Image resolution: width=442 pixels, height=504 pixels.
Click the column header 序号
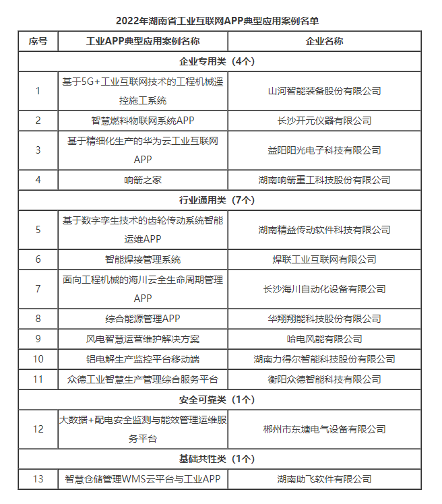click(x=38, y=41)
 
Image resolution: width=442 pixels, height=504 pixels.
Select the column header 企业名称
click(x=324, y=41)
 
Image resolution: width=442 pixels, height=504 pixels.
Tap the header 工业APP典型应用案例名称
click(x=143, y=41)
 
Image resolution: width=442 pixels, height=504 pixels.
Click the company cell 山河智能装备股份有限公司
click(x=324, y=91)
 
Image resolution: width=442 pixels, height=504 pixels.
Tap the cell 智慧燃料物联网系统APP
click(x=143, y=121)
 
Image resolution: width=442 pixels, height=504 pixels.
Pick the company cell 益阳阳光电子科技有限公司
click(x=324, y=150)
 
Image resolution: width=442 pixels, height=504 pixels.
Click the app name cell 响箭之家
click(x=143, y=180)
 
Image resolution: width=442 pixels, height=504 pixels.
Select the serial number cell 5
click(x=38, y=230)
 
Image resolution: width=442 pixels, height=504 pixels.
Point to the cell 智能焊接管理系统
click(x=143, y=259)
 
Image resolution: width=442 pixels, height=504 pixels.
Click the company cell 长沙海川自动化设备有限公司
click(x=324, y=289)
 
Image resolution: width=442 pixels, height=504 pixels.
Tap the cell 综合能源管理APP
click(x=143, y=319)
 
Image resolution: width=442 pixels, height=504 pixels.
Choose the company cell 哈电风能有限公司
click(x=324, y=339)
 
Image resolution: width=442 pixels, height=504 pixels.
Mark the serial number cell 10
click(x=38, y=359)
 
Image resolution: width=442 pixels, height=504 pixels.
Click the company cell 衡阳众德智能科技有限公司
click(x=324, y=379)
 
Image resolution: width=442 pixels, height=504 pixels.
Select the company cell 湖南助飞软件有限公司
click(x=324, y=479)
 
